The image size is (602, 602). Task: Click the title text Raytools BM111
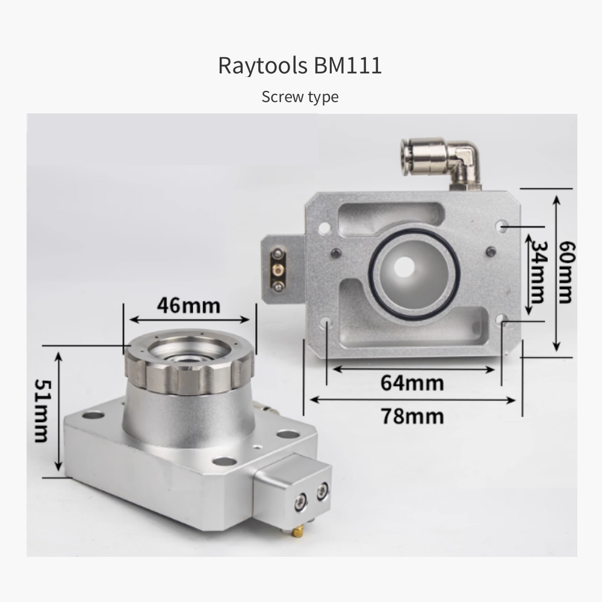300,65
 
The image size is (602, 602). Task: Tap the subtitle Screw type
300,97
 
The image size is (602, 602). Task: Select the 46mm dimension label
188,306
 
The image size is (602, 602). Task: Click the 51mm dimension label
42,411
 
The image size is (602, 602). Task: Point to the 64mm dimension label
412,383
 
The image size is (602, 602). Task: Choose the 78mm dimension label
412,416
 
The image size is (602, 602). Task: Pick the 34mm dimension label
538,272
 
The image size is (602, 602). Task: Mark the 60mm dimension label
566,272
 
